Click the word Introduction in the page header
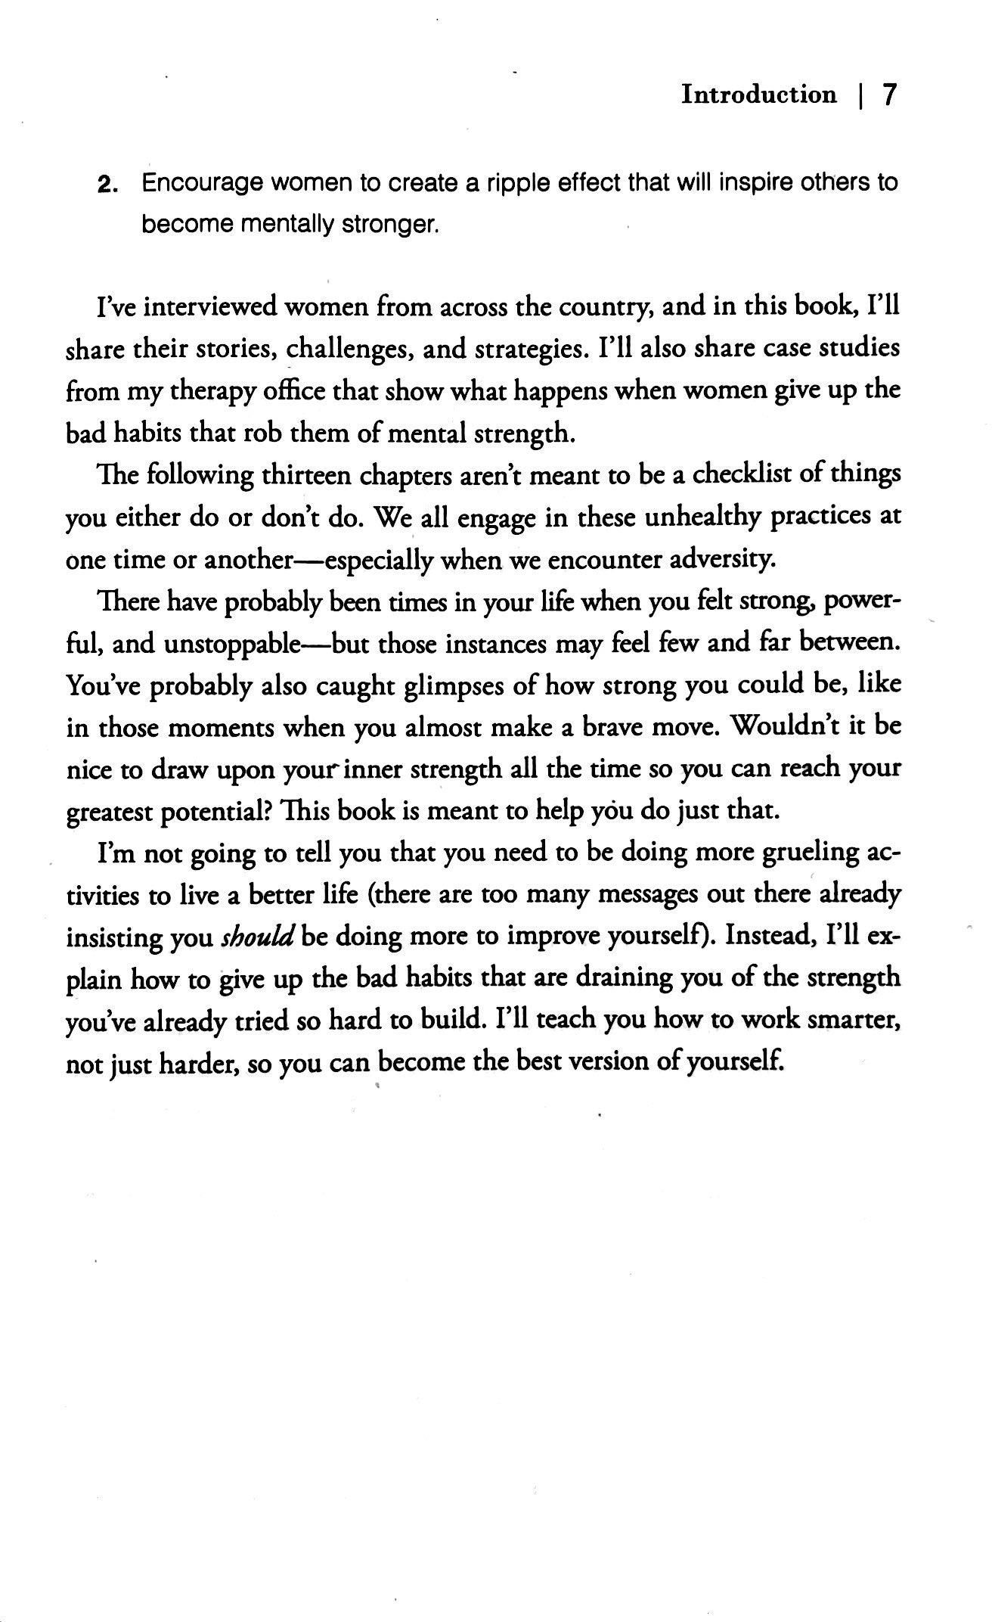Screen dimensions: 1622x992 [759, 95]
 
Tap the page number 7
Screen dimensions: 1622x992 [889, 95]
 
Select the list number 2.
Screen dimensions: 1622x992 [107, 185]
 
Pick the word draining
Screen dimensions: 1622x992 [624, 978]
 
